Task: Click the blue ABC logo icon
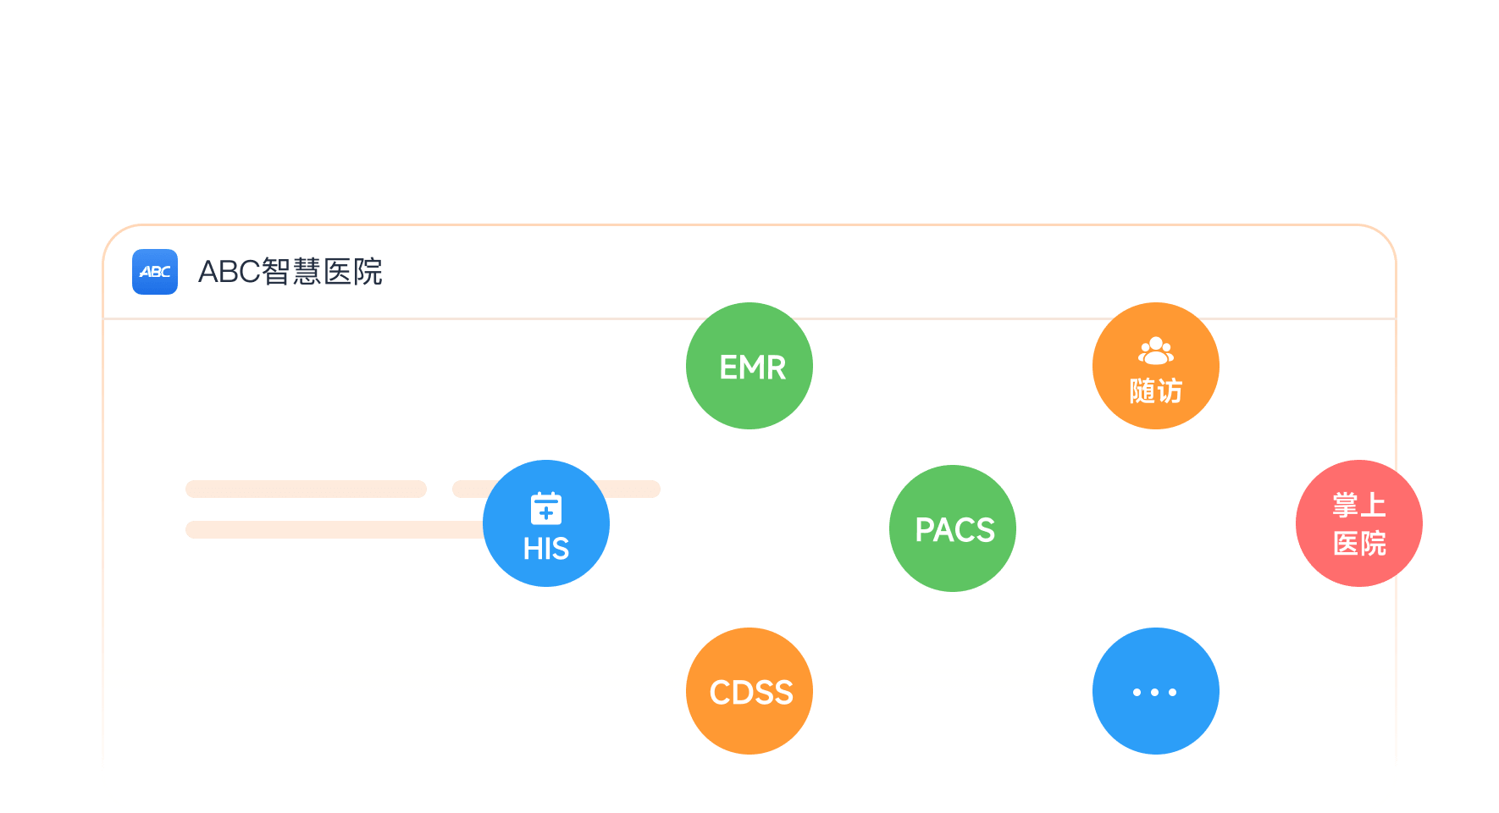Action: point(155,272)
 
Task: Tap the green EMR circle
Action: point(749,366)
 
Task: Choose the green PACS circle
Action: point(953,528)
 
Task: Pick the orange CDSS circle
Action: point(749,691)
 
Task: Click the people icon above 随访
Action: point(1156,350)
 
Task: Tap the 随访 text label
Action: point(1156,391)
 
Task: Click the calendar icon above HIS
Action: point(546,508)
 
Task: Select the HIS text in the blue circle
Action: point(546,550)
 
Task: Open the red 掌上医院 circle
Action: point(1359,523)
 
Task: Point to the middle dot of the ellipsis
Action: point(1155,692)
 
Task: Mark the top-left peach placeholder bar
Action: point(306,489)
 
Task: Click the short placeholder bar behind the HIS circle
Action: point(631,489)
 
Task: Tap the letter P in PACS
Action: point(925,530)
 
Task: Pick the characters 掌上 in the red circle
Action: point(1359,506)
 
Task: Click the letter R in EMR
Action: point(776,368)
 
